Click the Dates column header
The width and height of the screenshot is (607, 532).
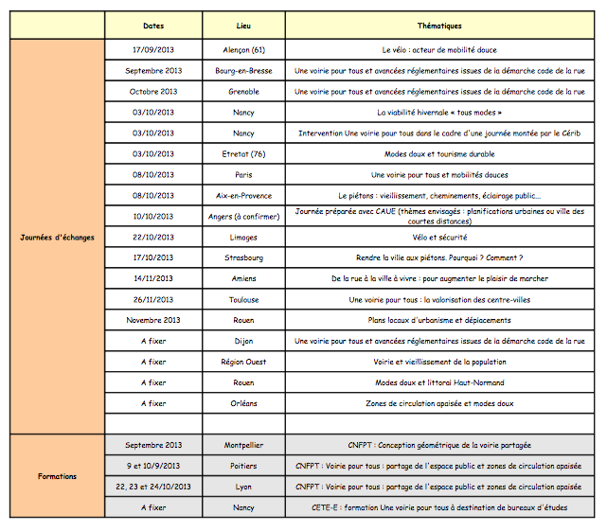(153, 26)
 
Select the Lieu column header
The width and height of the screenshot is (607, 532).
(243, 26)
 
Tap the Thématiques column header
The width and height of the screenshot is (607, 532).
(439, 26)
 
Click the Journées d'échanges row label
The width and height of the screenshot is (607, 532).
(58, 237)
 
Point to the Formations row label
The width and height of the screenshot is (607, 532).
(58, 476)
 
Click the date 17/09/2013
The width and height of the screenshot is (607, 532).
(153, 49)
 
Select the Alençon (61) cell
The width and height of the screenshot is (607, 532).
(243, 49)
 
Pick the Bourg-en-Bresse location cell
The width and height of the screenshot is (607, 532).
(243, 70)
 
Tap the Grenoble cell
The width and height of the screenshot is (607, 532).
(243, 91)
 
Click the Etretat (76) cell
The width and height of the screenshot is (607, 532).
(243, 153)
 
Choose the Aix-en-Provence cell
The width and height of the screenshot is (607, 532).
(243, 195)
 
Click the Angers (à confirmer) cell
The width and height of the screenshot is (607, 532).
(243, 216)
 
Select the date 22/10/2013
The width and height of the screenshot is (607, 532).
(153, 237)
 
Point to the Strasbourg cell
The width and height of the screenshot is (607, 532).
(243, 257)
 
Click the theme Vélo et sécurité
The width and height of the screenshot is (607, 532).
(439, 237)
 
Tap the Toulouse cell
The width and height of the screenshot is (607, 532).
(243, 299)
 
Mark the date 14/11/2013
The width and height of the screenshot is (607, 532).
(153, 278)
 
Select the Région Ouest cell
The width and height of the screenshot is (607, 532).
(243, 362)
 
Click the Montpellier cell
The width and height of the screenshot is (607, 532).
(243, 445)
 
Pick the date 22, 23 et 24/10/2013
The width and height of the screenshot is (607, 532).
(153, 487)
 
